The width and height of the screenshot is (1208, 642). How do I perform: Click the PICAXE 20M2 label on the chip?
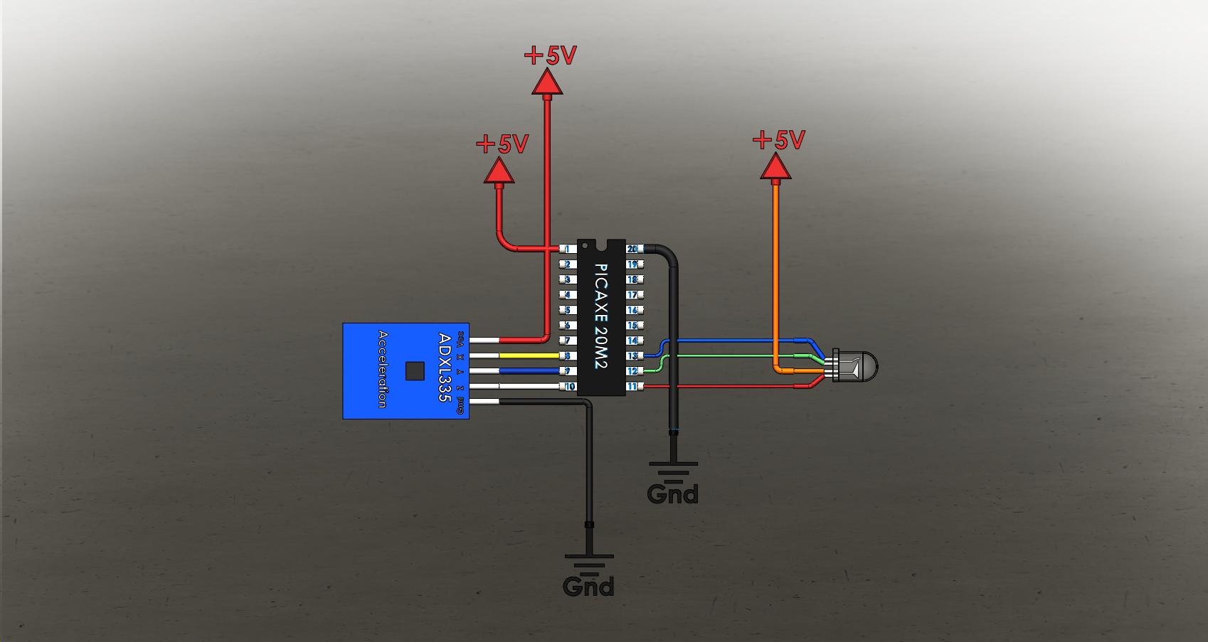click(x=602, y=316)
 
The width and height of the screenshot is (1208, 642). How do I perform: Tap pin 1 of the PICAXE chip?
click(x=568, y=249)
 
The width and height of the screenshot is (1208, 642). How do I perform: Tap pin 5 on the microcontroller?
click(x=568, y=310)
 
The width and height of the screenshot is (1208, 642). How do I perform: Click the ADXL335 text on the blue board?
click(x=445, y=368)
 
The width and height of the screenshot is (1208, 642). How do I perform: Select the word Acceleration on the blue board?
click(x=383, y=369)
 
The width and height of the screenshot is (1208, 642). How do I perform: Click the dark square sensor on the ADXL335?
click(x=415, y=370)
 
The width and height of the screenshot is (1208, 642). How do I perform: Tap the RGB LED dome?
click(x=862, y=366)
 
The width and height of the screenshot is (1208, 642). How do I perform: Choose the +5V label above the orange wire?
click(x=778, y=140)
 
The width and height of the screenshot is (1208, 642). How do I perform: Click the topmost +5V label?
click(x=550, y=55)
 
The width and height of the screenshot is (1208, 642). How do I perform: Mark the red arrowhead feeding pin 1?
click(x=499, y=171)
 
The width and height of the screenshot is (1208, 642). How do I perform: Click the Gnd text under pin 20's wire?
click(x=672, y=493)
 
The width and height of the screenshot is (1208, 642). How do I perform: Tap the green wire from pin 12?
click(x=733, y=355)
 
